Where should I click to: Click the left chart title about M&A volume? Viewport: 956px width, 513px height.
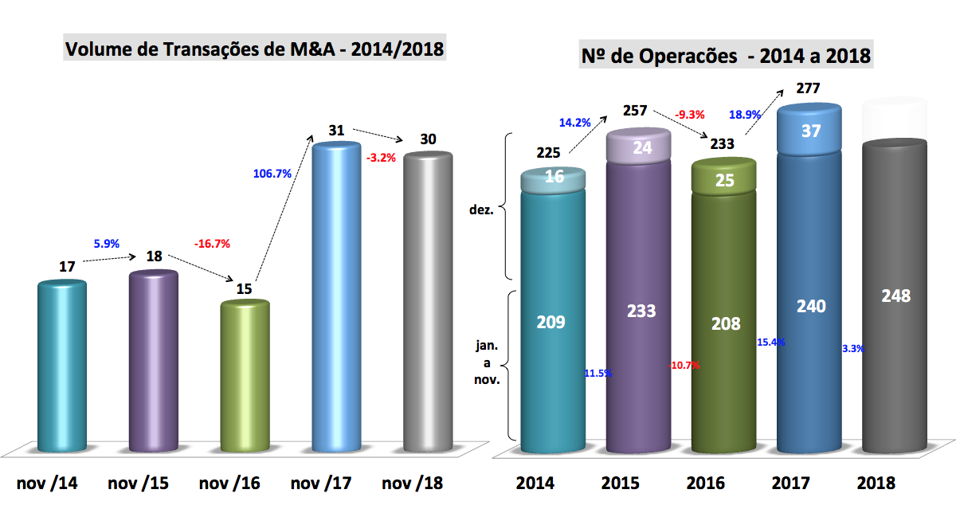coord(254,49)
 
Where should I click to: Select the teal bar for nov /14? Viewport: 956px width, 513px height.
coord(63,366)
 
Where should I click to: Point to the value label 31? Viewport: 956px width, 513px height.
coord(336,130)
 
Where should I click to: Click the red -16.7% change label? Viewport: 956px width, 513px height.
coord(212,244)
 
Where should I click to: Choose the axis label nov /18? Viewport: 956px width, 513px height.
coord(412,483)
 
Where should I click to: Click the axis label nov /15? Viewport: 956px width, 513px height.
coord(138,483)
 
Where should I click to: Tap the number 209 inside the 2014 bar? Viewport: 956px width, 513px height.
coord(551,323)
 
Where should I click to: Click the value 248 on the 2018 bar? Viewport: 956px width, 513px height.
coord(895,296)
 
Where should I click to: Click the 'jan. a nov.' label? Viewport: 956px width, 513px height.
coord(487,363)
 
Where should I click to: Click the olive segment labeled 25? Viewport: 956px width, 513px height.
coord(725,182)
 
